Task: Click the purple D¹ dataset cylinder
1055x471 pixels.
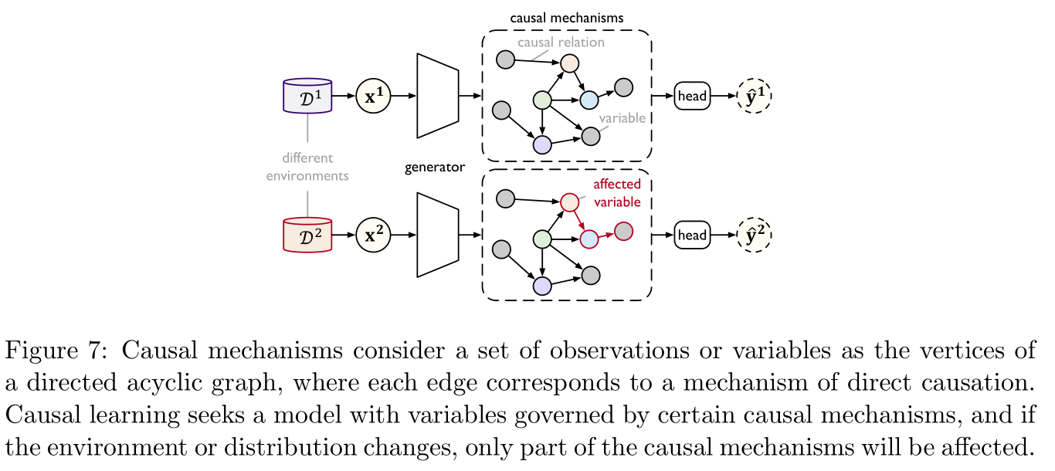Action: click(x=308, y=97)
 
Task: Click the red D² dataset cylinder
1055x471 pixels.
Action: click(x=308, y=235)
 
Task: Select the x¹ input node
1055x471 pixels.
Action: click(x=373, y=97)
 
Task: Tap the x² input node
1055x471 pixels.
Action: click(x=373, y=235)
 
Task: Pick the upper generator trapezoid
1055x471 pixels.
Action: click(x=438, y=96)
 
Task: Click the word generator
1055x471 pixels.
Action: click(x=435, y=167)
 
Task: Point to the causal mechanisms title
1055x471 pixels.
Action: click(x=567, y=17)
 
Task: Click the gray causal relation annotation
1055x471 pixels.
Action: click(x=561, y=42)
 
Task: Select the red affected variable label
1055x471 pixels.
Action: click(x=616, y=193)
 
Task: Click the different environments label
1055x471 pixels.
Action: click(x=307, y=167)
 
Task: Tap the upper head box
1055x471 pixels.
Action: click(x=691, y=97)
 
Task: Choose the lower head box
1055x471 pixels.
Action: click(x=691, y=235)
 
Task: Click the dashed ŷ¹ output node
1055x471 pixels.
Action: click(x=754, y=97)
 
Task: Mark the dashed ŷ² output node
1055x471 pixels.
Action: click(x=754, y=235)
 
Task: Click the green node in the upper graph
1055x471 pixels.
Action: click(x=542, y=100)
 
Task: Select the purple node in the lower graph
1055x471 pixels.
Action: click(x=542, y=285)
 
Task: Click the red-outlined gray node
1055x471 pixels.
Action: click(x=623, y=231)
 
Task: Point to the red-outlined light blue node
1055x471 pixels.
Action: click(x=589, y=239)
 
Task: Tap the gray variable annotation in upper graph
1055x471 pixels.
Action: click(x=622, y=119)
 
